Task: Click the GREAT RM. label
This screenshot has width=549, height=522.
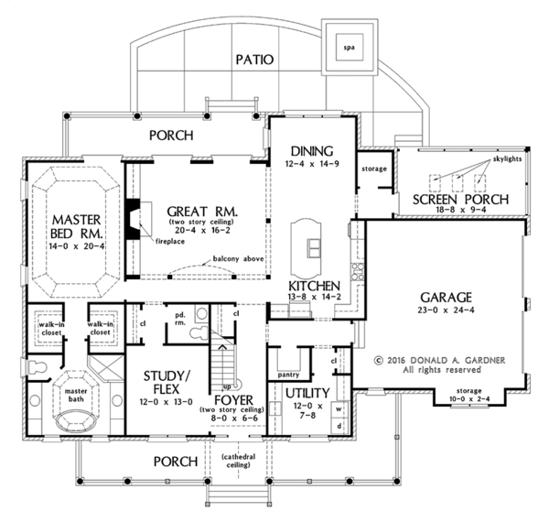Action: tap(202, 212)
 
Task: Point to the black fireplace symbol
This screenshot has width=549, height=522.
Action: tap(134, 218)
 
